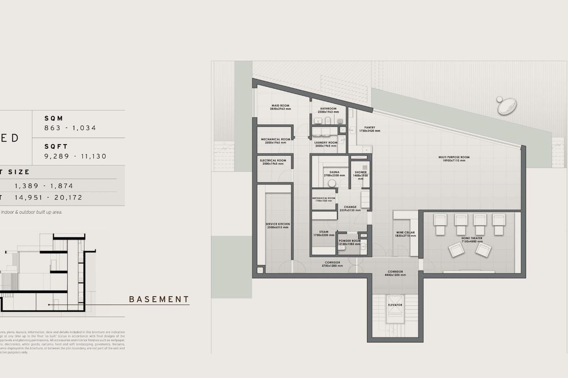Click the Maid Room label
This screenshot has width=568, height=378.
click(280, 105)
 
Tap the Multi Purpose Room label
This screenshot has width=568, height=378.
click(453, 157)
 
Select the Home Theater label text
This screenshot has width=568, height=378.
click(472, 239)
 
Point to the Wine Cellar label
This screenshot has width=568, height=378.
click(406, 233)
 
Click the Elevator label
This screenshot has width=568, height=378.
click(395, 305)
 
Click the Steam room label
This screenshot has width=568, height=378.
click(324, 232)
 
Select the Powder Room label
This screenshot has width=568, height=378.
click(349, 241)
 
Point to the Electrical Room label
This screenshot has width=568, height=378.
click(273, 161)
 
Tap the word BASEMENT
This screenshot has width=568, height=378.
click(159, 299)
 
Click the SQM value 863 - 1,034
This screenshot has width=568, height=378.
click(70, 128)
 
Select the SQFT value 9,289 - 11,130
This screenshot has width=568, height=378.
click(75, 156)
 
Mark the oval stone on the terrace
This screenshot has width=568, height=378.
click(507, 106)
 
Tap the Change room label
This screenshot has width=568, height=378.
click(350, 207)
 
